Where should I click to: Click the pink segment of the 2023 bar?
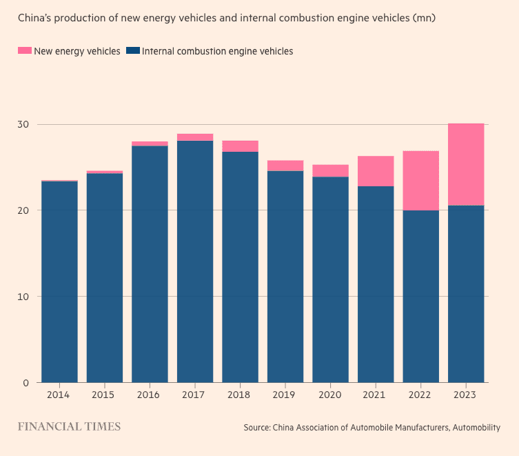(466, 164)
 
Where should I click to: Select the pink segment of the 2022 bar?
(420, 181)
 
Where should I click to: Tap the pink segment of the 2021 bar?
(376, 171)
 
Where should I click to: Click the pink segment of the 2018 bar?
(240, 146)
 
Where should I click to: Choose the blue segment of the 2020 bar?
(330, 279)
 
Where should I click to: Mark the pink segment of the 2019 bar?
(285, 166)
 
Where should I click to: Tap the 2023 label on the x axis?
(466, 395)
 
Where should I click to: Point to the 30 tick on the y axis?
(24, 124)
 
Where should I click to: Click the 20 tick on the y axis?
(24, 210)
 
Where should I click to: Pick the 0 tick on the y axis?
(27, 383)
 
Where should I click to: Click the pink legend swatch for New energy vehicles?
(25, 51)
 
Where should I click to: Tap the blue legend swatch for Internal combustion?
(134, 51)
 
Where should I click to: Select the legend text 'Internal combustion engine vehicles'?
(217, 51)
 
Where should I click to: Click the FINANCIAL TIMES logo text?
(69, 427)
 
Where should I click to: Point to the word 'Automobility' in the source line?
(476, 428)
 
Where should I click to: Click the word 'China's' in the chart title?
(36, 17)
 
